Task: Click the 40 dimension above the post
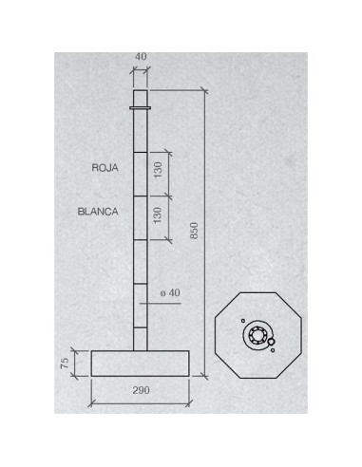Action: click(x=141, y=57)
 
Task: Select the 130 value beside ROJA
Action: click(x=158, y=170)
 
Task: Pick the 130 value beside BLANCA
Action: click(x=158, y=215)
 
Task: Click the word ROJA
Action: click(x=105, y=168)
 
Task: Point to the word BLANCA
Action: click(x=98, y=212)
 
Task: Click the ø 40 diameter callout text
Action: click(x=170, y=293)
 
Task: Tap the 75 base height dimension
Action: click(x=65, y=363)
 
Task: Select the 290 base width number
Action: click(x=141, y=390)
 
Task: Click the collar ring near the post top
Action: click(x=141, y=108)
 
